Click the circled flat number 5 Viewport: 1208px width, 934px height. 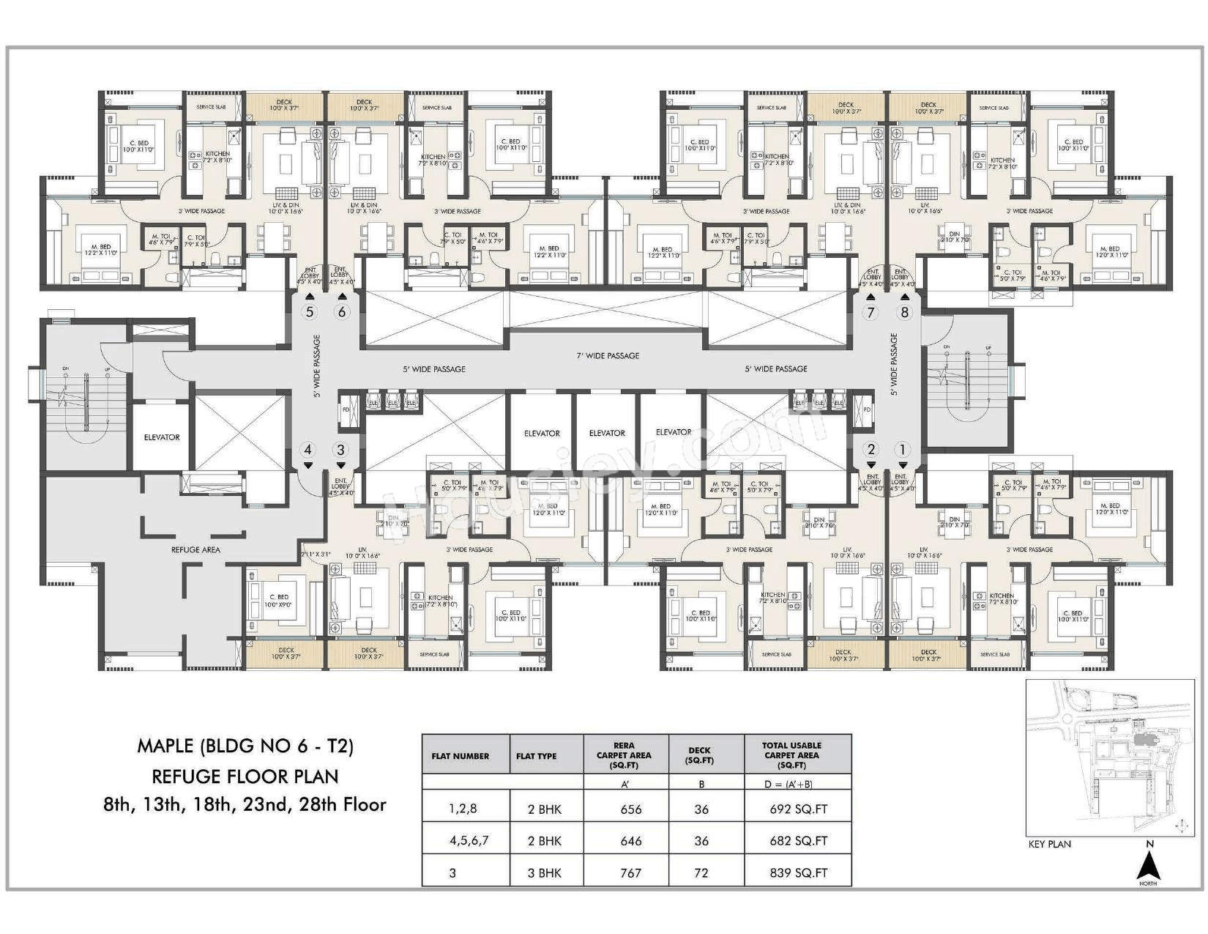click(310, 312)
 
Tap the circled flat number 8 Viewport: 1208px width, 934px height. click(905, 312)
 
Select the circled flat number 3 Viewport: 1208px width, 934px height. click(340, 450)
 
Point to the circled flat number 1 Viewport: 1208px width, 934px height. click(903, 450)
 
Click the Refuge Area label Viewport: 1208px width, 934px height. click(195, 549)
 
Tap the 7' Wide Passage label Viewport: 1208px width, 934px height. click(608, 356)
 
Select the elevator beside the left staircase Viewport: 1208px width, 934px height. click(162, 437)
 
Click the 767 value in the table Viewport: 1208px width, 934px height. click(630, 872)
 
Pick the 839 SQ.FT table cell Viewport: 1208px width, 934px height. click(794, 872)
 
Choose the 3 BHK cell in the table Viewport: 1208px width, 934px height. click(545, 872)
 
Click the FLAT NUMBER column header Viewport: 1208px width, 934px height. click(461, 756)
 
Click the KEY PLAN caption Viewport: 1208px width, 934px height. click(1049, 844)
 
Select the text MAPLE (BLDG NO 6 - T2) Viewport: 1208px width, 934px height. click(245, 746)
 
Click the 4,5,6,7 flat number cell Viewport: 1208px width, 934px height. click(469, 841)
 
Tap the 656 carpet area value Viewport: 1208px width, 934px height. click(630, 809)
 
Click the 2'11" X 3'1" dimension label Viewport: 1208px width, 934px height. click(316, 555)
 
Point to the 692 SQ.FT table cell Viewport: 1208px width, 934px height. click(794, 809)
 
